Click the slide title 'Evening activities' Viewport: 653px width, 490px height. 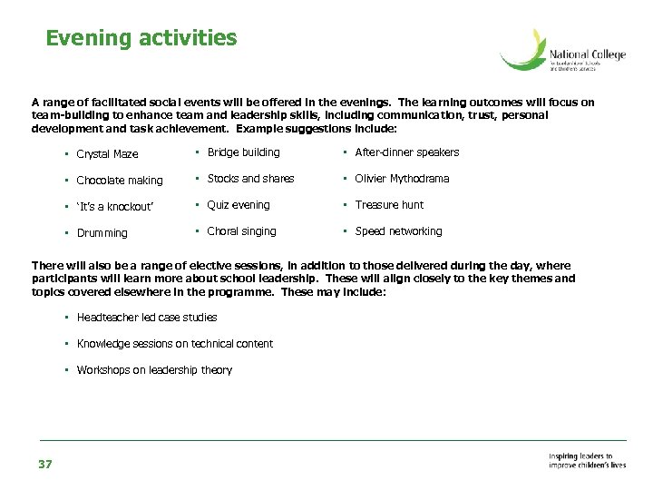[141, 38]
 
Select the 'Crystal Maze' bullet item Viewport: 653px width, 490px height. [107, 154]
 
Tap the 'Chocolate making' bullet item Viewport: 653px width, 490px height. [120, 181]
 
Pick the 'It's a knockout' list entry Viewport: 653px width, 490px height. [115, 207]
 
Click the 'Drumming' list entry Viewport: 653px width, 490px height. [102, 233]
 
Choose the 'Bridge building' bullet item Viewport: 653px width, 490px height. [243, 152]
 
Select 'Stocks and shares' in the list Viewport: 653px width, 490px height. [250, 179]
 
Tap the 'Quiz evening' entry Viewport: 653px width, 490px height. [239, 205]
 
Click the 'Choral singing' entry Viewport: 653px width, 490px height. [241, 231]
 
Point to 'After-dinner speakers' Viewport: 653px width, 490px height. [406, 152]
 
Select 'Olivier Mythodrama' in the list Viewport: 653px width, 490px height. [402, 179]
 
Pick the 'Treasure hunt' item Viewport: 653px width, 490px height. [389, 205]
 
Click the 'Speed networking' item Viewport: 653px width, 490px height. [398, 231]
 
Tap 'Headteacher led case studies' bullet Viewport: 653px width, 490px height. [147, 318]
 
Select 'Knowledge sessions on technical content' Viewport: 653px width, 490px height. [174, 344]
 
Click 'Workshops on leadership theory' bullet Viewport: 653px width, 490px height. [154, 370]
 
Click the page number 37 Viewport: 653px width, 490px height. [45, 465]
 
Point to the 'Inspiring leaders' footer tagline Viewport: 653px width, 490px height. [587, 461]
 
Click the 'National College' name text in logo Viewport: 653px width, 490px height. [588, 55]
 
